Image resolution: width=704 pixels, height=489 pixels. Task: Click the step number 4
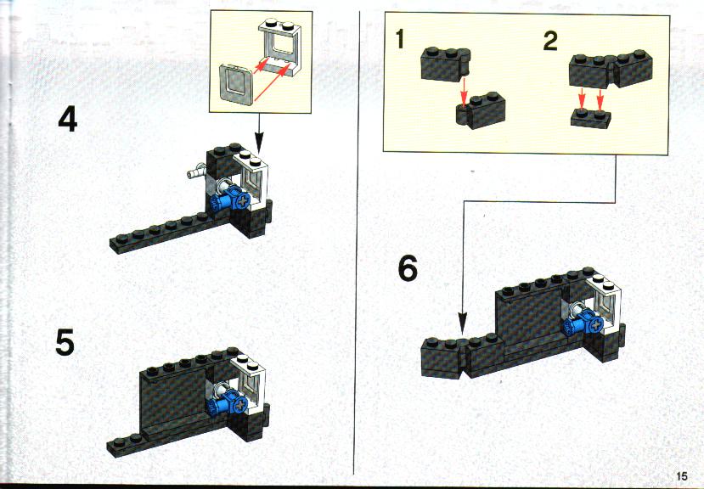68,120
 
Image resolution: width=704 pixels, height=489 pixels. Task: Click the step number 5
65,342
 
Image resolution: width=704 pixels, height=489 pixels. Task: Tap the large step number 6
408,268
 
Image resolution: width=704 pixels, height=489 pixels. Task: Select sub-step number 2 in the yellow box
550,42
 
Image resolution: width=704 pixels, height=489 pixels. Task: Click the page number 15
681,476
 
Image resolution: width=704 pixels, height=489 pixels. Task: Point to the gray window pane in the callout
236,84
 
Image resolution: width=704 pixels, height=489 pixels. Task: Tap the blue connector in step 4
230,200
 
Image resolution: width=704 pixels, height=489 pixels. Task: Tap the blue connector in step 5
228,400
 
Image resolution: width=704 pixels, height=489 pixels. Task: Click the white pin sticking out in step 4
196,172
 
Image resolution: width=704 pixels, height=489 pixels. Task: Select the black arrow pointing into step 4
260,132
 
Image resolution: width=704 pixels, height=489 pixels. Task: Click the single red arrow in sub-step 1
464,93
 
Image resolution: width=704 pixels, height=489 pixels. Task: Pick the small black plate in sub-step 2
591,118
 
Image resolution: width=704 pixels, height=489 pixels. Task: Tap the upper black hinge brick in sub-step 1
445,65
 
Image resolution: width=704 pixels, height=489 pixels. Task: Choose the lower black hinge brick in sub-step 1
481,110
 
